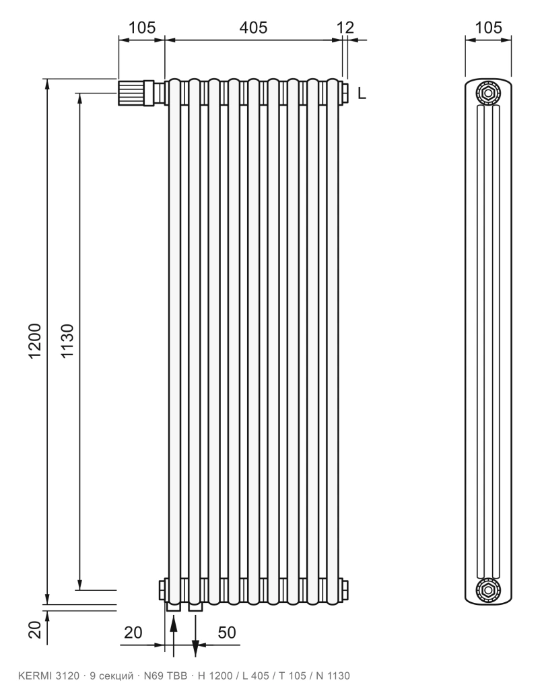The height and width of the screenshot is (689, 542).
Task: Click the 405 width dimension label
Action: coord(253,28)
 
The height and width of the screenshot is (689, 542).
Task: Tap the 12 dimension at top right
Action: coord(345,28)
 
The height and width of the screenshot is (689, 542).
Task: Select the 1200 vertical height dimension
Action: coord(35,341)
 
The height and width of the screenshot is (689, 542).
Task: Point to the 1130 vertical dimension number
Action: coord(67,341)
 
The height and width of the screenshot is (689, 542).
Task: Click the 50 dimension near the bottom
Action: coord(227,632)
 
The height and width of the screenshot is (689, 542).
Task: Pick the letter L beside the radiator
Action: coord(362,93)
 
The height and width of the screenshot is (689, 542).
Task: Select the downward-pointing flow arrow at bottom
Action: coord(196,635)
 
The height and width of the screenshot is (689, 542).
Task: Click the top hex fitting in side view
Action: coord(488,93)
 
